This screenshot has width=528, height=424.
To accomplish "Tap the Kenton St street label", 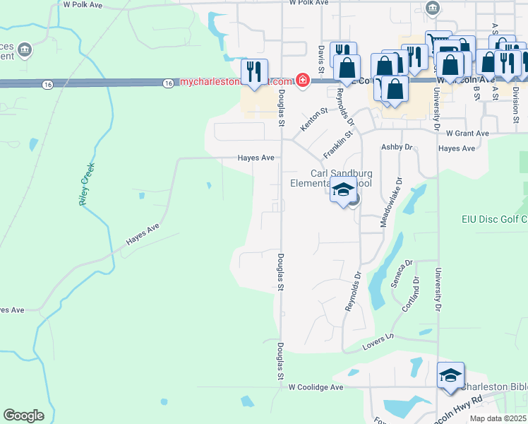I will [314, 119].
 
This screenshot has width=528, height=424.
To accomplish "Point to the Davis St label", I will [321, 59].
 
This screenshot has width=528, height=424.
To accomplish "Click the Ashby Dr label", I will [396, 147].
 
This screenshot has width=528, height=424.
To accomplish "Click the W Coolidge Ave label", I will [316, 387].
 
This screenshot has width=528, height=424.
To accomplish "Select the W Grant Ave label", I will [467, 133].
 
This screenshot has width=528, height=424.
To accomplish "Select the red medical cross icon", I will [303, 81].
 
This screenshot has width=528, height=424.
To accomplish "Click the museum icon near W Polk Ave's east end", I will [433, 8].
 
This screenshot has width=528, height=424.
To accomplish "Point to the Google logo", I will [23, 416].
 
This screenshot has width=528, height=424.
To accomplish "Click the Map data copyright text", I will [498, 418].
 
